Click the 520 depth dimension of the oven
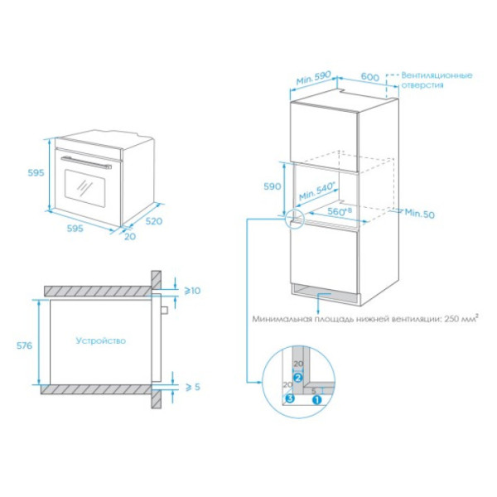coord(154,221)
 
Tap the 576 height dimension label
coord(24,345)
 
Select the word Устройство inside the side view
coord(101,340)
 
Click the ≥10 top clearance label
coord(192,291)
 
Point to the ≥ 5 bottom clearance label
coord(193,387)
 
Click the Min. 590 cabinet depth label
coord(313,78)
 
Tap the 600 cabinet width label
coord(370,77)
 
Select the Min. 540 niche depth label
coord(317,191)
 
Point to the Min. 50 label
coord(419,214)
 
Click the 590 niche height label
coord(273,186)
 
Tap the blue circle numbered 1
coord(316,400)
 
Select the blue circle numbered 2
coord(298,378)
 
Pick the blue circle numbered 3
coord(290,398)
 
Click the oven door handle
coord(86,162)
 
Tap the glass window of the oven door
coord(84,188)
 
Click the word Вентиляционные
coord(437,75)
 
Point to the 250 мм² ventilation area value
coord(461,318)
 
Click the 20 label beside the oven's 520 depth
coord(130,236)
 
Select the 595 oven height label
coord(36,173)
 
